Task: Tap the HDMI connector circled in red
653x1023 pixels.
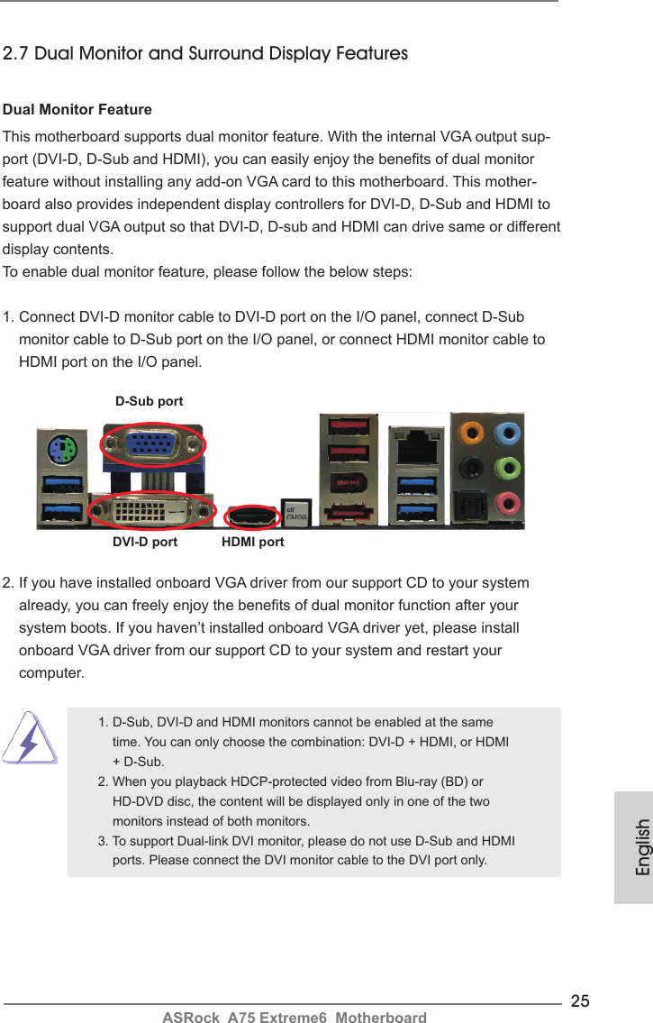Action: coord(255,517)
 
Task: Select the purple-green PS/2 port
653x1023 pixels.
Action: coord(62,448)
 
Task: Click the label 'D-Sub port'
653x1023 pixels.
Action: coord(150,401)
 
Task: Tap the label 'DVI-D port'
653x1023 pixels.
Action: coord(145,543)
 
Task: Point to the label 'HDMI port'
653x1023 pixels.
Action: coord(253,543)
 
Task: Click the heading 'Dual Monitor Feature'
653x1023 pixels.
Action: coord(78,110)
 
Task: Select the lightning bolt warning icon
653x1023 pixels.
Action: coord(30,737)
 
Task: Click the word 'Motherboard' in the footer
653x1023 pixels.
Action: coord(378,1018)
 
